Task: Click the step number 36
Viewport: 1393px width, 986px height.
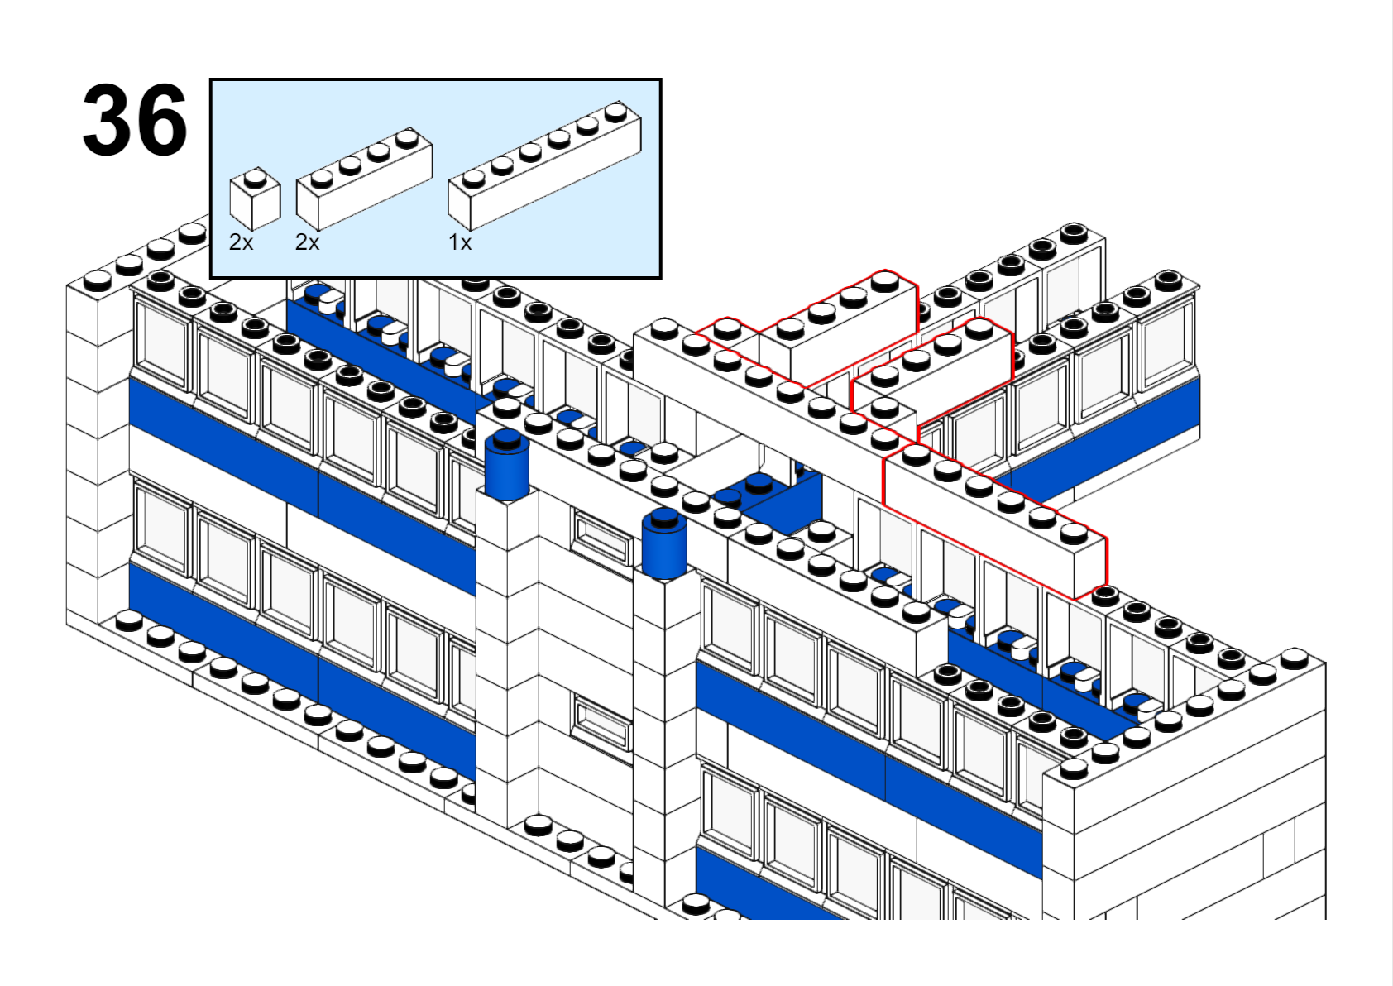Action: [135, 121]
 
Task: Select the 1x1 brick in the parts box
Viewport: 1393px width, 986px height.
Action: [255, 199]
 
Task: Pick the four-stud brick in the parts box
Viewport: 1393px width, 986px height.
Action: [364, 177]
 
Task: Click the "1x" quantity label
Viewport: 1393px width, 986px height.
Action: [460, 242]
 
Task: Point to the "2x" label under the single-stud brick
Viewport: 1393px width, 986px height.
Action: [241, 242]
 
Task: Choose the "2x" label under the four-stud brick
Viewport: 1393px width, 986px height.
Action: [307, 242]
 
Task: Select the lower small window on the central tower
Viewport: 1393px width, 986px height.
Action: [601, 722]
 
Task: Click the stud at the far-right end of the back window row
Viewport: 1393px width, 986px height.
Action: [1167, 280]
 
